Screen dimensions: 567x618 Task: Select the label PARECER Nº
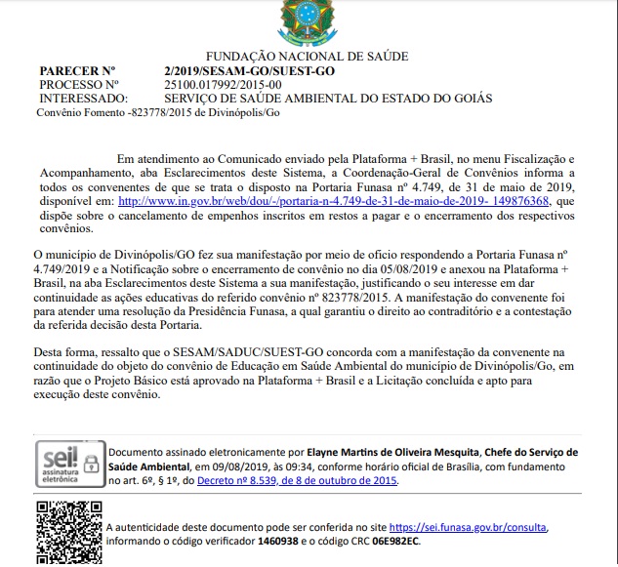pos(77,71)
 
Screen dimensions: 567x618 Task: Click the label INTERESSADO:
pos(83,99)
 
